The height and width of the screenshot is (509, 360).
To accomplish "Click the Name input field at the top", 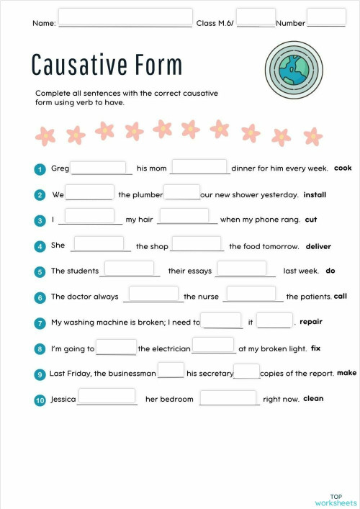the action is (x=125, y=17).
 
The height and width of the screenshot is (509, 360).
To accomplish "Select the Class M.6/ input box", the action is (x=256, y=17).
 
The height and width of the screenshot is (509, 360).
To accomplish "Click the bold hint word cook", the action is (x=343, y=168).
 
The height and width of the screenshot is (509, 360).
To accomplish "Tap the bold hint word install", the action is (x=315, y=194).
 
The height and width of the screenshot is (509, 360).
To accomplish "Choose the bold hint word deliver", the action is (x=318, y=246).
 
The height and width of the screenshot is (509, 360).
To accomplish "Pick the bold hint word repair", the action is (x=310, y=322).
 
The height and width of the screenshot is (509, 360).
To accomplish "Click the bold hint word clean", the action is (x=313, y=399).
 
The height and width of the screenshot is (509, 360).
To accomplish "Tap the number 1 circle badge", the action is (x=40, y=169).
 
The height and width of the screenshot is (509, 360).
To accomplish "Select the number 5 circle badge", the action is (x=40, y=271).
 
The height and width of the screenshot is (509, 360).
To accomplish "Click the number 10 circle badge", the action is (x=40, y=400).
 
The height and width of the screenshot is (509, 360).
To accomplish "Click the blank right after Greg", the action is (x=99, y=167).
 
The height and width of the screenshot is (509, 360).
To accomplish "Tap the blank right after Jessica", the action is (x=107, y=397).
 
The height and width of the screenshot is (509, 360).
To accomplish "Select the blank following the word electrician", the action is (x=214, y=346).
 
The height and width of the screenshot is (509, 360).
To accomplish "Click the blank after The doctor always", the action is (x=153, y=294).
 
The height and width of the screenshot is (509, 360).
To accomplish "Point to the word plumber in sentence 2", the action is (x=145, y=195).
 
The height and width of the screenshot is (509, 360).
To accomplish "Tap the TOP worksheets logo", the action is (x=336, y=500).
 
